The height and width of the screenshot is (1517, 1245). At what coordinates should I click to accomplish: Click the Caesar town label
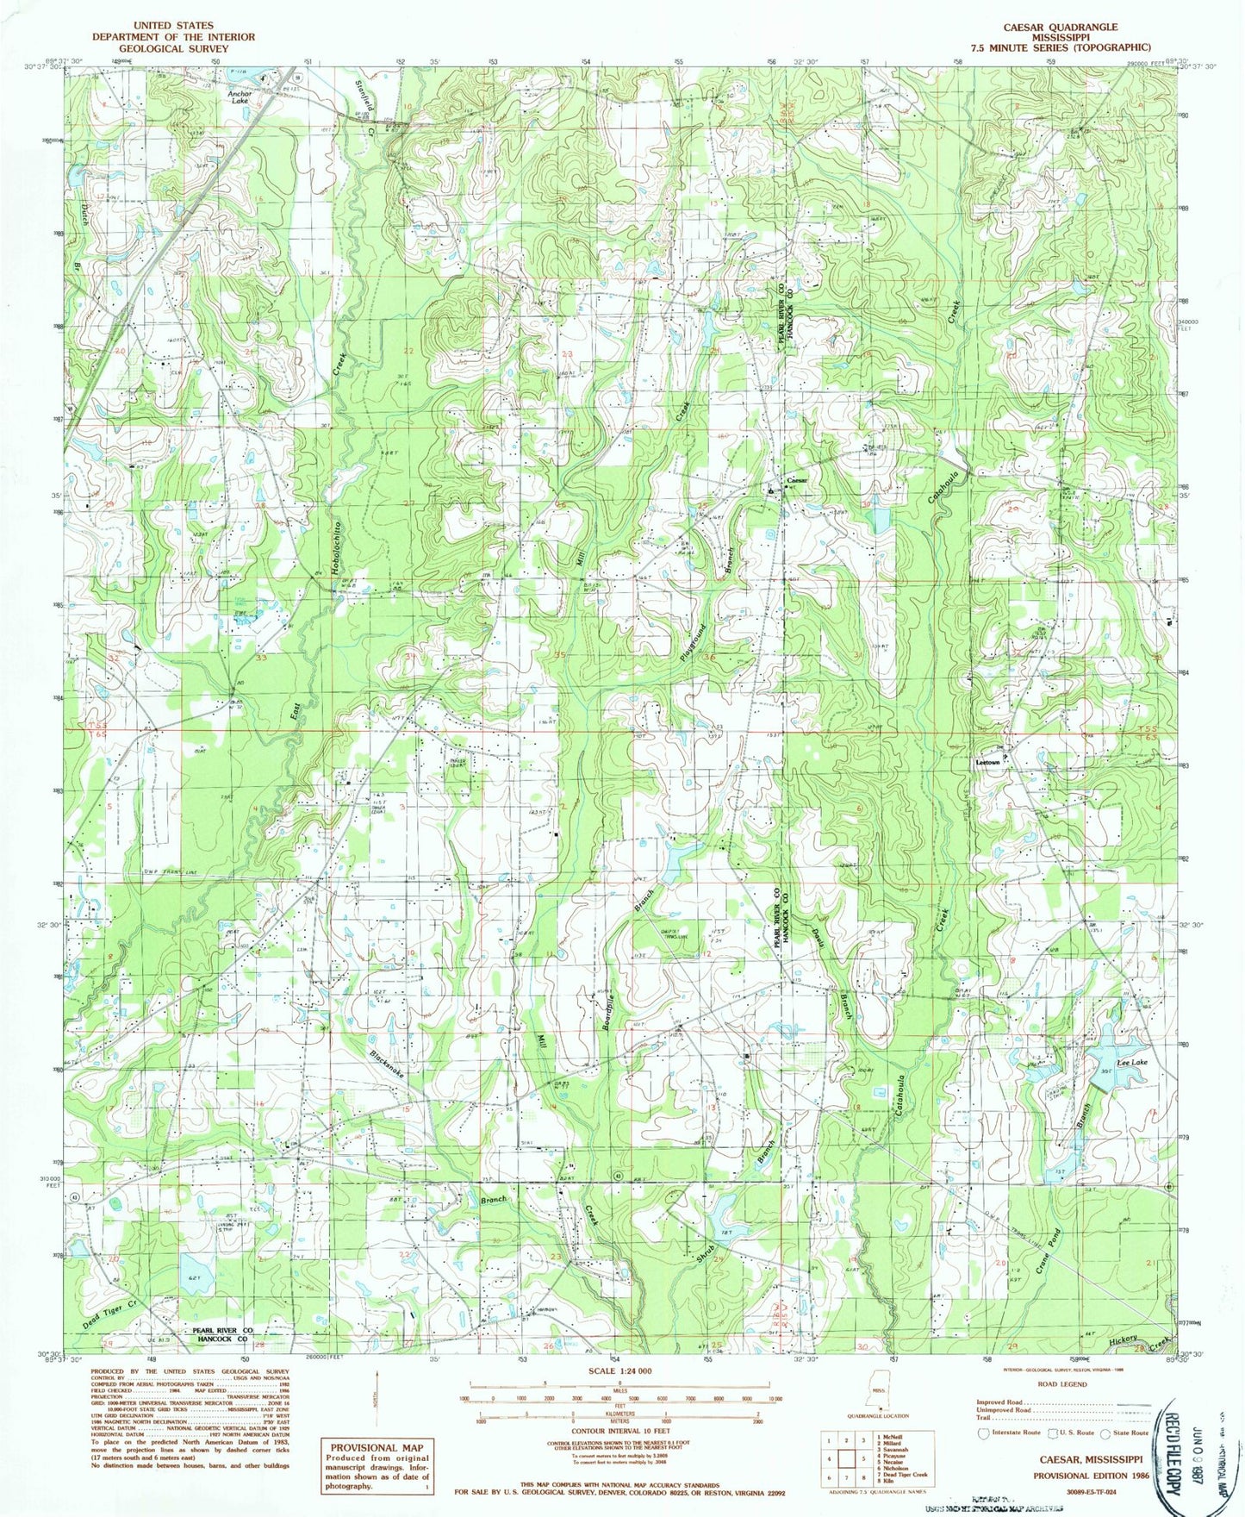tap(796, 481)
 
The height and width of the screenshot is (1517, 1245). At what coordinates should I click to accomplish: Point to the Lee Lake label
tap(1132, 1064)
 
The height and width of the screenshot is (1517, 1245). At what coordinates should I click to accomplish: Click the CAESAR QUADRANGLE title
tap(1059, 28)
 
